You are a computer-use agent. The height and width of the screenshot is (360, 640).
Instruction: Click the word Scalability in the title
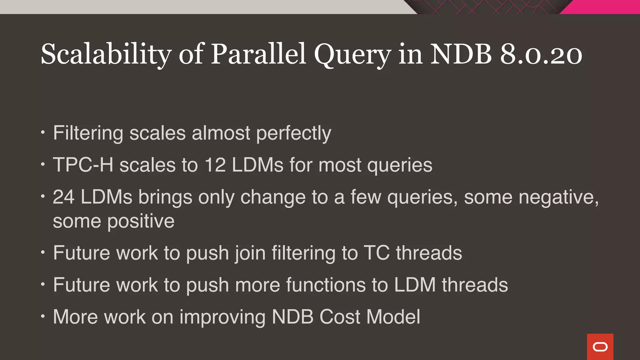106,55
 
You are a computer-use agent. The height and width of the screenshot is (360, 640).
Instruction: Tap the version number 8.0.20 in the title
541,54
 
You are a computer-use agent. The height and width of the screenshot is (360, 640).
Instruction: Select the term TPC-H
83,165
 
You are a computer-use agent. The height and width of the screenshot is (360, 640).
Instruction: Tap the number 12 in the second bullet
215,165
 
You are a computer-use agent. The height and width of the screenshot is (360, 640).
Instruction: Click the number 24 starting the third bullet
63,197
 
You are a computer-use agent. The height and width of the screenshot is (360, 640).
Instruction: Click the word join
250,253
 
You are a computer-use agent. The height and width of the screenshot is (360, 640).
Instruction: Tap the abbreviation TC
377,253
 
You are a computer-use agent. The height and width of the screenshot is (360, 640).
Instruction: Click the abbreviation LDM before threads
415,285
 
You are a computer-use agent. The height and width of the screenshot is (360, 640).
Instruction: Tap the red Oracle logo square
600,347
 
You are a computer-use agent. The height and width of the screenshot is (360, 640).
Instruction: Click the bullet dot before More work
43,317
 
